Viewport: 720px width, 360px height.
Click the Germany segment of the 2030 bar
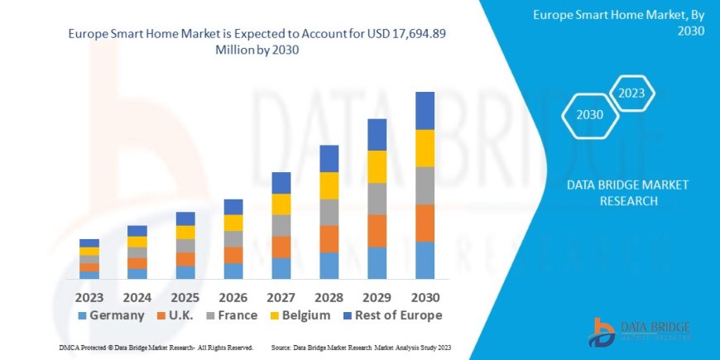(x=425, y=260)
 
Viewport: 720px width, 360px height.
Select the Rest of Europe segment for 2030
(x=425, y=110)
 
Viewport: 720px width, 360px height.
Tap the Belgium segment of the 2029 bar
(x=377, y=166)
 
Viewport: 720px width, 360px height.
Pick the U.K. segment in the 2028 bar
(x=329, y=238)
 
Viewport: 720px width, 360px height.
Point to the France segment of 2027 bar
(x=281, y=225)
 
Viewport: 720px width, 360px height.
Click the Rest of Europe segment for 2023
(x=89, y=242)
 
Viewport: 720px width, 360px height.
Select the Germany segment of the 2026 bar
(x=233, y=271)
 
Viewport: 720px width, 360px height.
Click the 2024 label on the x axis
(x=137, y=296)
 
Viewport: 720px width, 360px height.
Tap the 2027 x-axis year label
(x=281, y=296)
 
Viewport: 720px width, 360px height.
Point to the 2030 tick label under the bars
(x=425, y=296)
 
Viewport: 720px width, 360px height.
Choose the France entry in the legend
(x=231, y=315)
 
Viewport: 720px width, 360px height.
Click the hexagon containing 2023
(x=631, y=93)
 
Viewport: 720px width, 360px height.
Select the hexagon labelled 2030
(x=589, y=116)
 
